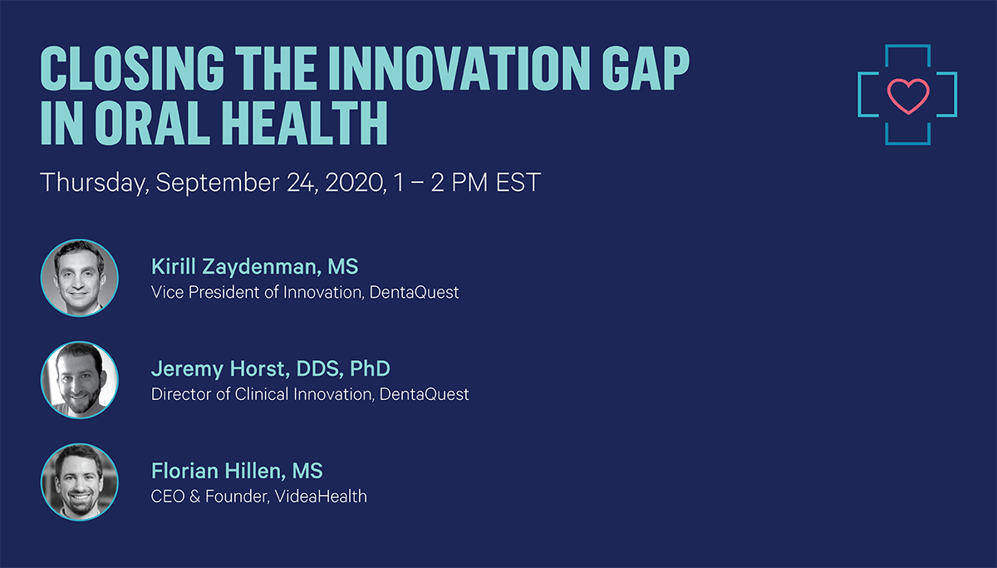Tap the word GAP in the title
point(646,68)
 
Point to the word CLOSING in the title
point(132,68)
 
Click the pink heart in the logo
point(908,96)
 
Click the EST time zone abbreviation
point(518,183)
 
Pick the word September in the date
point(218,183)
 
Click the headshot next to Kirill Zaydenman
point(80,278)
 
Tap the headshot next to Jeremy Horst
point(80,380)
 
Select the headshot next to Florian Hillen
point(80,482)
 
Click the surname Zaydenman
point(261,267)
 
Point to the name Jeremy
point(187,370)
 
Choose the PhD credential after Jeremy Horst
point(370,368)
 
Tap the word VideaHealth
point(321,496)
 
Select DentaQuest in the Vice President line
point(414,293)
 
